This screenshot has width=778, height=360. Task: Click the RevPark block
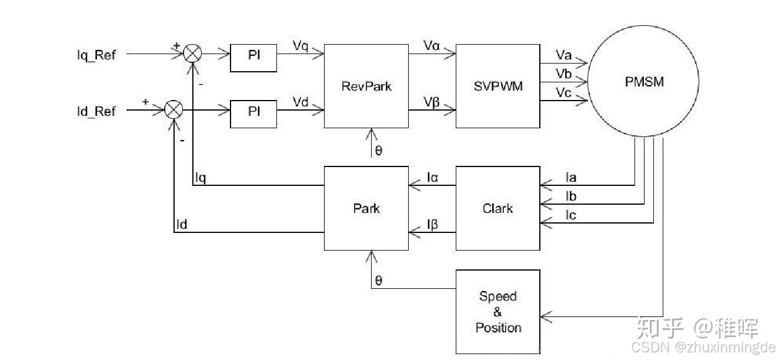coord(366,86)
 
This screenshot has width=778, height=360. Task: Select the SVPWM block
coord(497,86)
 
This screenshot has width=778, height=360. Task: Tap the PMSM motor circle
coord(644,82)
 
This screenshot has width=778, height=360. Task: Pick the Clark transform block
coord(497,208)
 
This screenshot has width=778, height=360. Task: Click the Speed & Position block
coord(497,312)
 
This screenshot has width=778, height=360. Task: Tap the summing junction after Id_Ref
coord(173,110)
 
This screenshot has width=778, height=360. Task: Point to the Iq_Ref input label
coord(96,55)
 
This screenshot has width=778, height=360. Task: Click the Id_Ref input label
coord(96,111)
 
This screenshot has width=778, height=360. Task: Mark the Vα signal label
coord(431,45)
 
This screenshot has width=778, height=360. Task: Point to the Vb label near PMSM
coord(563,73)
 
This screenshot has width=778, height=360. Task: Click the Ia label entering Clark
coord(570,177)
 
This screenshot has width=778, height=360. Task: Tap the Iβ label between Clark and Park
coord(432,224)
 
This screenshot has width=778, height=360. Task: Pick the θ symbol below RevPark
coord(378,151)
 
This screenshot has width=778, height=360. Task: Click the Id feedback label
coord(182,224)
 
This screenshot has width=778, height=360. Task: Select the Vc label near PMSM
coord(563,92)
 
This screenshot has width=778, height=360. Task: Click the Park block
coord(366,208)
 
